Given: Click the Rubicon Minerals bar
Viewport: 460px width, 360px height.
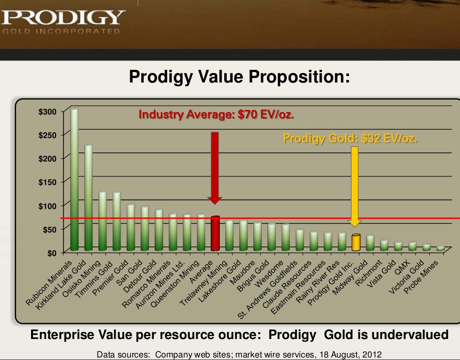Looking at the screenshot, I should click(x=74, y=180).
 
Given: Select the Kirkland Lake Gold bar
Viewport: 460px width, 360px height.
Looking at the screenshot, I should click(x=88, y=198).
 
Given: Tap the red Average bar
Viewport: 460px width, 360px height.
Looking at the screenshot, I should click(x=215, y=233).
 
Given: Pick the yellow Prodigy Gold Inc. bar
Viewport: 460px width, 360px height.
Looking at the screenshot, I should click(x=356, y=242).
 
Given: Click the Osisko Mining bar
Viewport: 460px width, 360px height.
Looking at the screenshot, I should click(x=102, y=221).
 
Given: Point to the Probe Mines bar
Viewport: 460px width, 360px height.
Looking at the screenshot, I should click(x=440, y=248).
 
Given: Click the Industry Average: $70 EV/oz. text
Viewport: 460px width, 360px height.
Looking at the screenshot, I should click(x=216, y=114).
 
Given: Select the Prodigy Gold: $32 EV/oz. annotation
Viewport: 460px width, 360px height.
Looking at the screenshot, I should click(x=350, y=138).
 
